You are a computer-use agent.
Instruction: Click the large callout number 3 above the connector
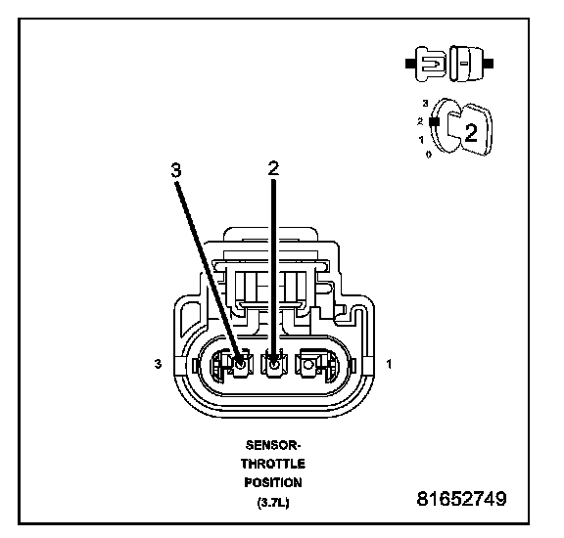click(176, 169)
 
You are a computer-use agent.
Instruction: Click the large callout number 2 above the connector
click(273, 168)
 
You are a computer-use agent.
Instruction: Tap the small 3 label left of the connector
click(158, 364)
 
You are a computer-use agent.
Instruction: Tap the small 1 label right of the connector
click(389, 364)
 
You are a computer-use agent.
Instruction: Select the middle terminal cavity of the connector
click(274, 365)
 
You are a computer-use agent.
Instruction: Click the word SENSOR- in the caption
click(273, 445)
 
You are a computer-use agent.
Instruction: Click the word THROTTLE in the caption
click(273, 464)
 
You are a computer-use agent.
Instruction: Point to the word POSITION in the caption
click(273, 482)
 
